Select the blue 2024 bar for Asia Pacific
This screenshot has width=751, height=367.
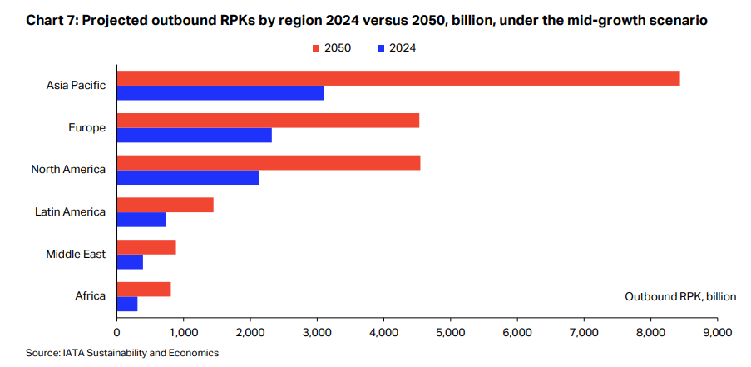(220, 93)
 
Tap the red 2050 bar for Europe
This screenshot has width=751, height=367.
(268, 121)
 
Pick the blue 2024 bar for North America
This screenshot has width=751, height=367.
(188, 177)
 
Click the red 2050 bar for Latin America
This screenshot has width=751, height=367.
(165, 205)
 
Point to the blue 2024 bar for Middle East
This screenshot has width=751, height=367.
(130, 262)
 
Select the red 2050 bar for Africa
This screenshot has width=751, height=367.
(144, 289)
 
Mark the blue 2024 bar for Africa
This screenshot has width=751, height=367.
(127, 305)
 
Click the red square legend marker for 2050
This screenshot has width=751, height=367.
(316, 48)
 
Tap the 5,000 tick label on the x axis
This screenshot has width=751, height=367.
(450, 332)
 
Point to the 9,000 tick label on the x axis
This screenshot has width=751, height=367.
(717, 332)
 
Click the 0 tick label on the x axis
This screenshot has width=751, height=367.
(117, 332)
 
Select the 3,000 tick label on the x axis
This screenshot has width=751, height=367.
(317, 332)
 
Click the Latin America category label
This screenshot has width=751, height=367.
(70, 211)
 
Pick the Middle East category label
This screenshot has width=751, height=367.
(76, 254)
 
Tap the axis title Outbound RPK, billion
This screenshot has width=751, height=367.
(680, 296)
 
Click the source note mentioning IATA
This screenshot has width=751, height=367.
(121, 353)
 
